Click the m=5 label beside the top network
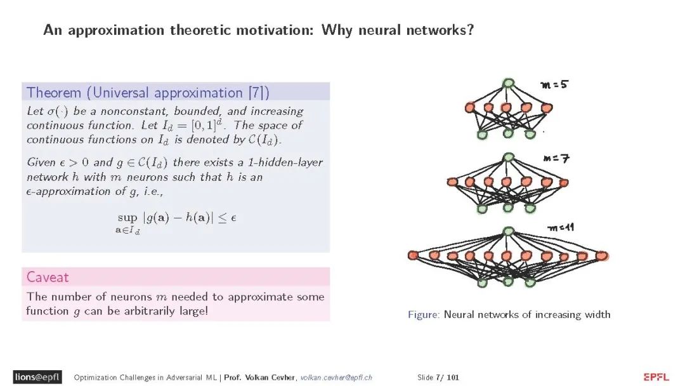(554, 84)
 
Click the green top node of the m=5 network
(507, 83)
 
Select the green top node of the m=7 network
(507, 157)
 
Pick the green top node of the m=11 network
(507, 231)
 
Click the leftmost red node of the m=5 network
(470, 107)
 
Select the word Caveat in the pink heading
(48, 277)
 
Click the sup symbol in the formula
(127, 217)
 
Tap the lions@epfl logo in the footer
(37, 377)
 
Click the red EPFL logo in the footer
(656, 377)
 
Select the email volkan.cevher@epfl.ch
(336, 378)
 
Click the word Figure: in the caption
(424, 314)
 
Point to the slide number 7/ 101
(447, 378)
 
